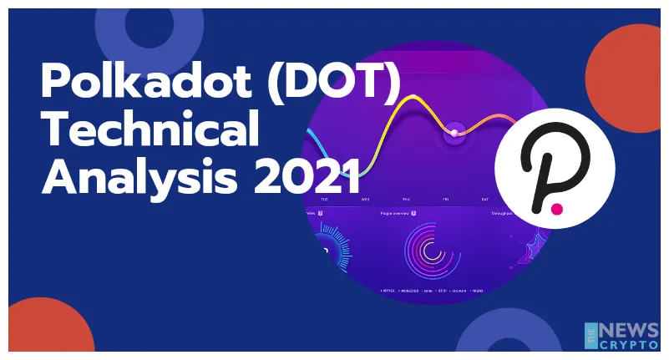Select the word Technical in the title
pyautogui.click(x=150, y=132)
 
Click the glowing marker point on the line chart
pyautogui.click(x=454, y=132)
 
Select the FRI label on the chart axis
pyautogui.click(x=445, y=200)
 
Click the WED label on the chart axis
pyautogui.click(x=365, y=200)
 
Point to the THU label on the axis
pyautogui.click(x=405, y=200)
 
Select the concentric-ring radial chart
pyautogui.click(x=432, y=250)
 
